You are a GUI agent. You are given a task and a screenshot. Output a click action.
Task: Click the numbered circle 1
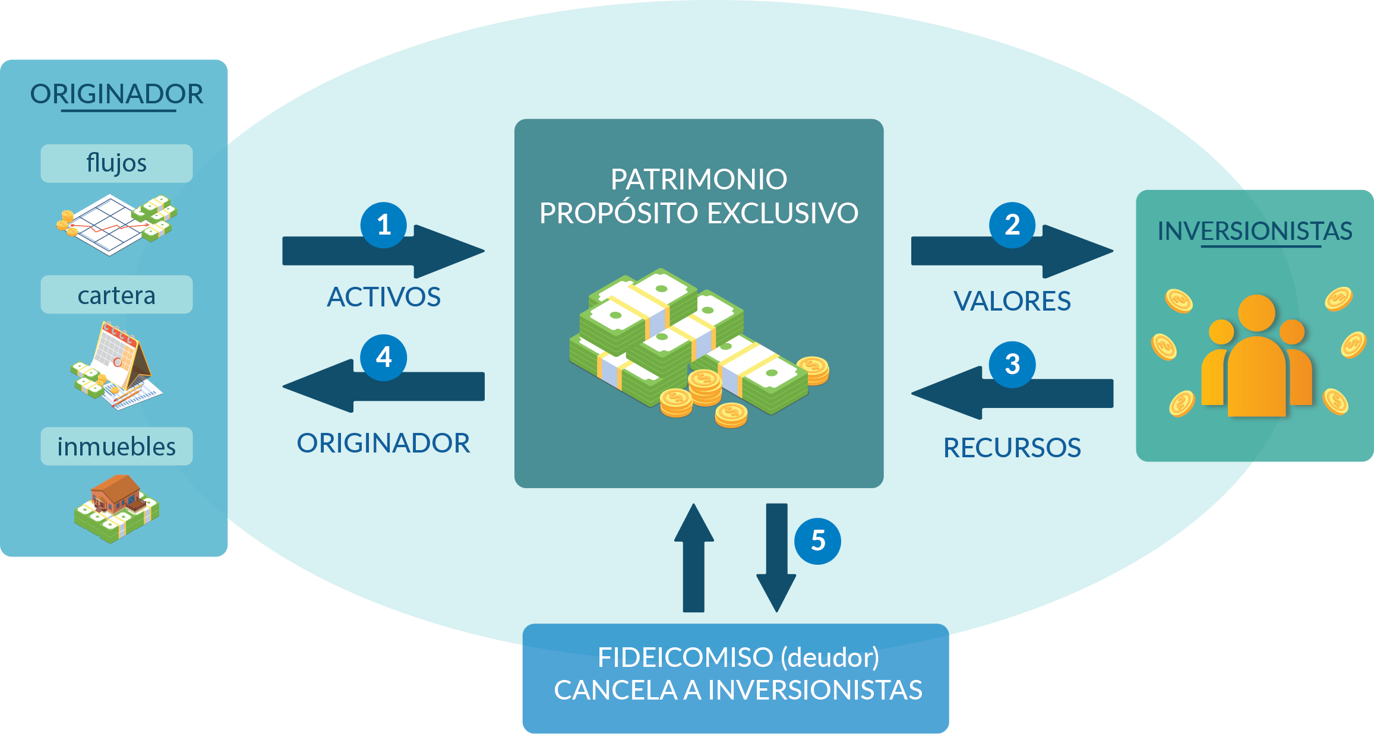tap(384, 225)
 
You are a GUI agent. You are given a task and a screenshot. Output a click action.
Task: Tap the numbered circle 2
tap(1012, 225)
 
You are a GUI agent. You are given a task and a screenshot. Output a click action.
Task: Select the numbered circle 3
tap(1012, 365)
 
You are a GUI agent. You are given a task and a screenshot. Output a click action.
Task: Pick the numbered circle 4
tap(384, 357)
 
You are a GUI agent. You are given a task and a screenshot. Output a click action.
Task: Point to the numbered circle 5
tap(818, 541)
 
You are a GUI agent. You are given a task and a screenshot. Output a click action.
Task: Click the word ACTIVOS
tap(384, 297)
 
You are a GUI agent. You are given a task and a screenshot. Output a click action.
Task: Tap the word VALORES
tap(1012, 301)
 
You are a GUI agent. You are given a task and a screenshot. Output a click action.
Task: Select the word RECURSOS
tap(1012, 448)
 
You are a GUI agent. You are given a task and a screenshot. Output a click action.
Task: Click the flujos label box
tap(116, 163)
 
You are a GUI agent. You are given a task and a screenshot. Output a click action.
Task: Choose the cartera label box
tap(116, 295)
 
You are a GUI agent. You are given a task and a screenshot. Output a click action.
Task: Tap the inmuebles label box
tap(116, 446)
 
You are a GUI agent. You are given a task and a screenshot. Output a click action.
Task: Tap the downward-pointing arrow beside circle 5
tap(776, 558)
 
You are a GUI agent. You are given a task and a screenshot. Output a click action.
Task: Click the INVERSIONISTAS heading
tap(1255, 231)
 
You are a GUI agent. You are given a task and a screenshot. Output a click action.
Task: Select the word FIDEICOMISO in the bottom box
tap(686, 657)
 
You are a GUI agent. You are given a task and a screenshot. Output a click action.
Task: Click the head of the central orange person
tap(1256, 313)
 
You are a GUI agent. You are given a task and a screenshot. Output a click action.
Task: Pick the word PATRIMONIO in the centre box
tap(699, 179)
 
